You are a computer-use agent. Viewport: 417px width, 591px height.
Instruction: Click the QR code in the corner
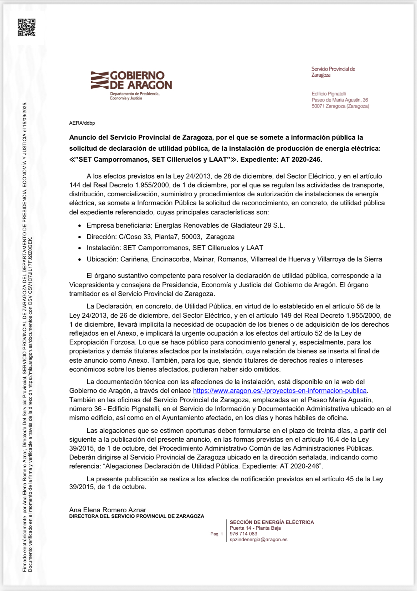click(27, 27)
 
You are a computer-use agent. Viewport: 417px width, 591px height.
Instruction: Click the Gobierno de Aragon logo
click(131, 80)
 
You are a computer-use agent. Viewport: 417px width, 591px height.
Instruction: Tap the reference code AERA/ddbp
click(82, 123)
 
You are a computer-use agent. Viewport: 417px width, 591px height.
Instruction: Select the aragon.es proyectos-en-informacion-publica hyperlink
click(280, 391)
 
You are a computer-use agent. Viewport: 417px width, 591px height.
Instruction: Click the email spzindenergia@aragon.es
click(258, 539)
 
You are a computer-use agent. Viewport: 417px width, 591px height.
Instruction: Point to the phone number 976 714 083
click(243, 534)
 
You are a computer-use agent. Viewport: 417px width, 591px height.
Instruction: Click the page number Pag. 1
click(216, 534)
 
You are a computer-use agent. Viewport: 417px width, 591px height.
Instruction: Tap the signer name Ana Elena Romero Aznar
click(108, 510)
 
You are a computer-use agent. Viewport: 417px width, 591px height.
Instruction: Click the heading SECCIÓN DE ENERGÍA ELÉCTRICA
click(272, 522)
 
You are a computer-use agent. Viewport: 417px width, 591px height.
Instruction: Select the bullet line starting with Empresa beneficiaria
click(185, 225)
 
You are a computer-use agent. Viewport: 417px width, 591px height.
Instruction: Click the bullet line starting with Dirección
click(160, 237)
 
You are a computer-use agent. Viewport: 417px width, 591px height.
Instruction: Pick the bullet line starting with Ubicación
click(234, 259)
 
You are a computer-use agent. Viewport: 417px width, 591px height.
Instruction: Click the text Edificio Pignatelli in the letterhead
click(329, 94)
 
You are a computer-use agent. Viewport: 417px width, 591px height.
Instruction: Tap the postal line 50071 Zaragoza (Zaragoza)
click(340, 106)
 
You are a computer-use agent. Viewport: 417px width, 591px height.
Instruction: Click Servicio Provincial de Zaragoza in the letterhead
click(333, 72)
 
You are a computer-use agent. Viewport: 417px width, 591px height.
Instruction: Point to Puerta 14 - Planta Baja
click(255, 528)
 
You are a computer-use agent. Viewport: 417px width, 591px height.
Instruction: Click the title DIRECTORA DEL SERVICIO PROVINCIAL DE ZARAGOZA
click(137, 516)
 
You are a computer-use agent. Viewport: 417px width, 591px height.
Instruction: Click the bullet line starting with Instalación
click(175, 248)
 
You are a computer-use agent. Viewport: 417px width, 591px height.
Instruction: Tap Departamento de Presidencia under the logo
click(134, 94)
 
